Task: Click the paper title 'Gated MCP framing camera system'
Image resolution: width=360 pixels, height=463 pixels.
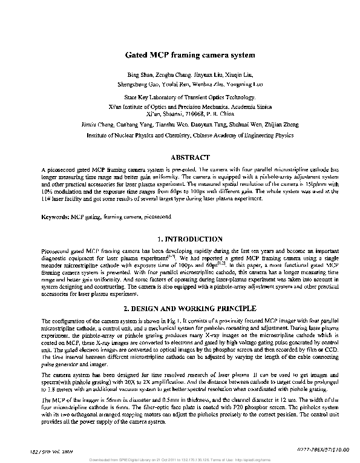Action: click(x=185, y=54)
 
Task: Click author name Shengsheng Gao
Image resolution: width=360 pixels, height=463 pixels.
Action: click(x=137, y=85)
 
